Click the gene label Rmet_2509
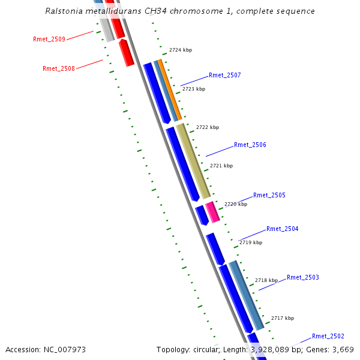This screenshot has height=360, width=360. [49, 39]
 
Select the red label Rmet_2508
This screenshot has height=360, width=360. [59, 68]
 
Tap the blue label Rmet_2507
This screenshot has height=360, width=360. [225, 75]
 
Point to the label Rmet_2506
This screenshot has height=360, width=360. [250, 145]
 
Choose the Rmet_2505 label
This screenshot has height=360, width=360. [269, 195]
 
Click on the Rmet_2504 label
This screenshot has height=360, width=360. [283, 229]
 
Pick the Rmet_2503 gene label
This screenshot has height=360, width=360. [303, 277]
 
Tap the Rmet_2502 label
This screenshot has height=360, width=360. [328, 336]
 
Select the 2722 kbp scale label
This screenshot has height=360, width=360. [208, 127]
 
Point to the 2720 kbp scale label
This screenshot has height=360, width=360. [236, 204]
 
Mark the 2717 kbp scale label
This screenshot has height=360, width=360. [283, 318]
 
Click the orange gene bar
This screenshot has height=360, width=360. [170, 90]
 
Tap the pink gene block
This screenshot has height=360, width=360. [212, 212]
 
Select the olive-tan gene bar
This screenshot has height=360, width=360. [193, 161]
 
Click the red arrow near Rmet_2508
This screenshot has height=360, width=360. [126, 53]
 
